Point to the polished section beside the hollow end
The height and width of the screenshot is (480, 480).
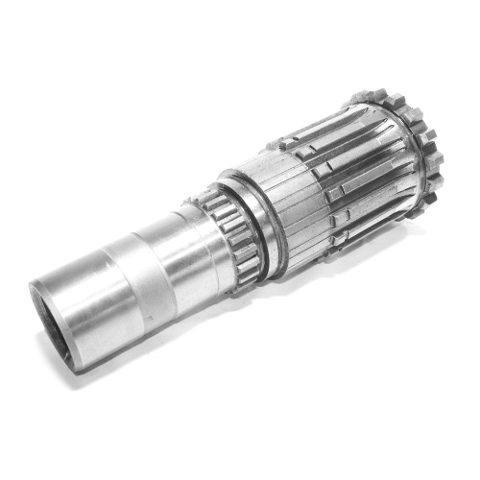point(91,307)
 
